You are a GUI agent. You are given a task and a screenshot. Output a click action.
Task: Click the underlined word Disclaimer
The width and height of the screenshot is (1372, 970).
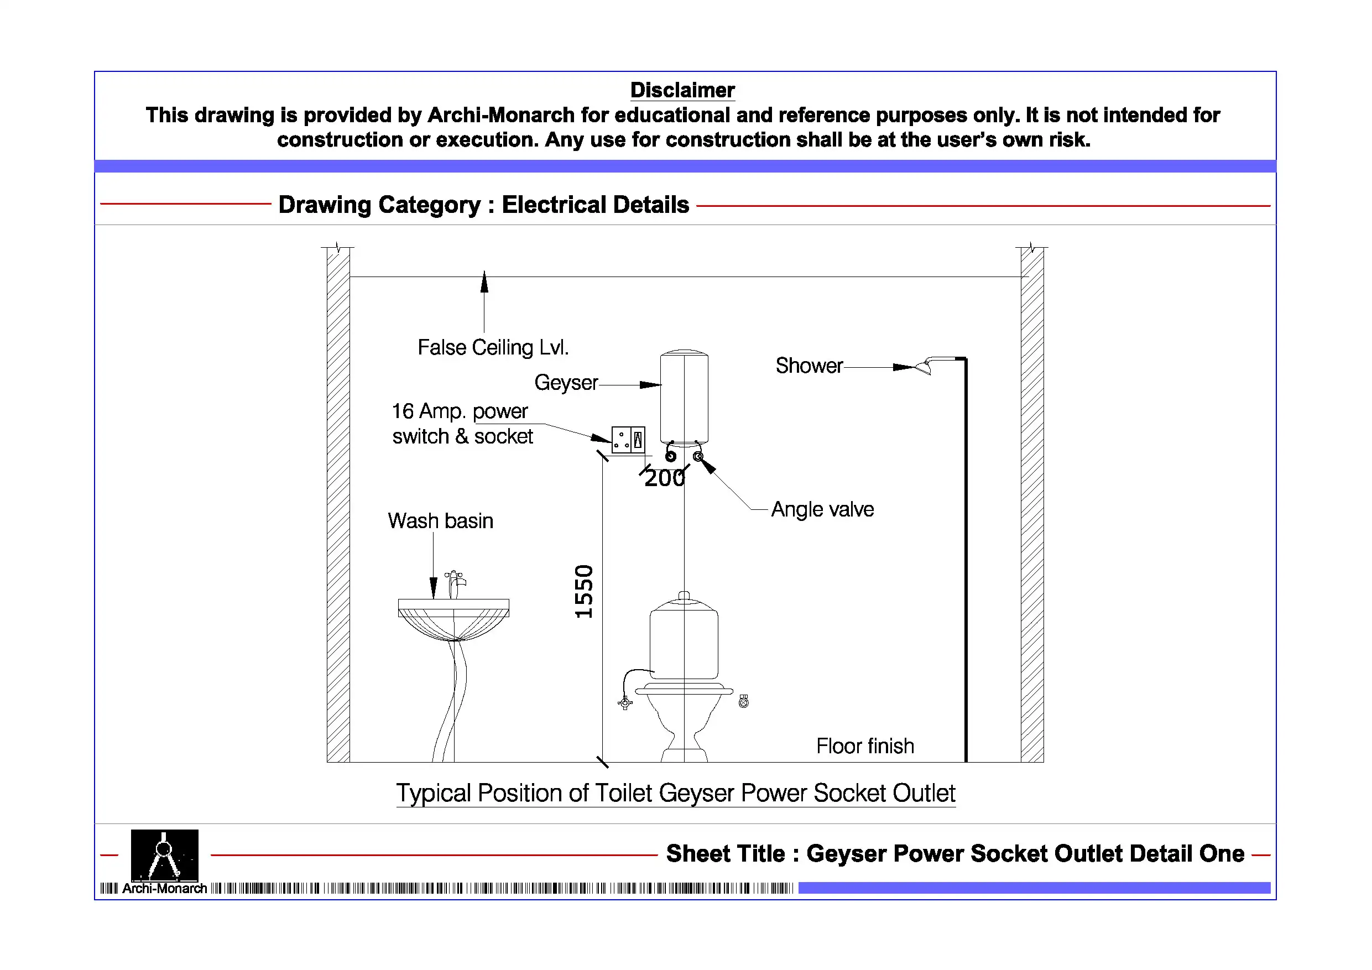click(682, 90)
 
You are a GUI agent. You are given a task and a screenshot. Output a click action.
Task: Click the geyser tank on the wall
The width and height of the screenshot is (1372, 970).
click(684, 397)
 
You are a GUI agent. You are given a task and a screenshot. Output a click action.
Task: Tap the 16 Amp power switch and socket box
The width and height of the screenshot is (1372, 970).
click(628, 440)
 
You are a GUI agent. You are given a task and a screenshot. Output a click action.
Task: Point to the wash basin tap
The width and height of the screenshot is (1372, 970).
click(455, 583)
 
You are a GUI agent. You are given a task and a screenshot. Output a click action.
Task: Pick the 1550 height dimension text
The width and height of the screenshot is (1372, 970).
click(584, 591)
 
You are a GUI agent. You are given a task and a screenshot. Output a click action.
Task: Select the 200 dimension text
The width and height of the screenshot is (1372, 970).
click(664, 479)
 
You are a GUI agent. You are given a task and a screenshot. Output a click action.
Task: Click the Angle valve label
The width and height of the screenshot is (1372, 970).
click(822, 509)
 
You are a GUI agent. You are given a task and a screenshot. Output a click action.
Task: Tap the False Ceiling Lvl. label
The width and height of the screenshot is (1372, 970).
click(493, 347)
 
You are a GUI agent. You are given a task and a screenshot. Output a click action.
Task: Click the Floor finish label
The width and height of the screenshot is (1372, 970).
click(865, 746)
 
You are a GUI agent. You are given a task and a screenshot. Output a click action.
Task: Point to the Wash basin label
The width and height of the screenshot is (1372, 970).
click(440, 520)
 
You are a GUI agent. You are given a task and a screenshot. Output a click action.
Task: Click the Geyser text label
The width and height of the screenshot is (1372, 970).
click(566, 383)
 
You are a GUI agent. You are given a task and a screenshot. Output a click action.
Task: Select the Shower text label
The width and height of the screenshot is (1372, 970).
click(808, 365)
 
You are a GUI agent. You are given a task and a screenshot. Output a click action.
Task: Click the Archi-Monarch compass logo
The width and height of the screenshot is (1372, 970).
click(164, 854)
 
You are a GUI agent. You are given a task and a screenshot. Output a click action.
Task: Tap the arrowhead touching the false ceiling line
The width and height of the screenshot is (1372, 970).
click(484, 281)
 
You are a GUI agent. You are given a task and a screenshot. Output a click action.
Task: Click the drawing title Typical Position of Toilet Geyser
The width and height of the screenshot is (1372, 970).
click(675, 793)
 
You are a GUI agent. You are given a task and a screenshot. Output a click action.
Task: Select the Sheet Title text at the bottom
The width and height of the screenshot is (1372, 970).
click(954, 853)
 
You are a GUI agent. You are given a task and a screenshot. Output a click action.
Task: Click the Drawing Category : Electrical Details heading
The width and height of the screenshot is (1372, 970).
click(483, 205)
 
